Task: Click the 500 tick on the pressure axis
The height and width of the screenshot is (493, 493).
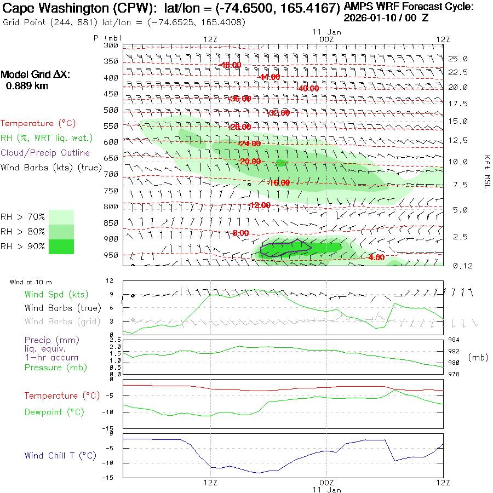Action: point(111,110)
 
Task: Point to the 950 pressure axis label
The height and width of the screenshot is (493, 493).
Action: point(111,255)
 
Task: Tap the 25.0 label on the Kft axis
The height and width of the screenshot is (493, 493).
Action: point(457,59)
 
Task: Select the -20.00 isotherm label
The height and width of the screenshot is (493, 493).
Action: point(250,161)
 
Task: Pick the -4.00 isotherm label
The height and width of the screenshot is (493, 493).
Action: point(376,257)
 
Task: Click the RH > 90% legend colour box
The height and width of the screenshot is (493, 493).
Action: point(61,246)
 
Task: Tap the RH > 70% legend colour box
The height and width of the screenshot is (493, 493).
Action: point(61,217)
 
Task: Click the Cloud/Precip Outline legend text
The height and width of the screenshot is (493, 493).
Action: point(45,153)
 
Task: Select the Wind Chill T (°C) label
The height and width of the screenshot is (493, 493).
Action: point(60,456)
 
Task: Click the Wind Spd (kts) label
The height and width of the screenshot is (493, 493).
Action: point(56,295)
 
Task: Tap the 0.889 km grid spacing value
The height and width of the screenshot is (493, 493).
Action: point(26,85)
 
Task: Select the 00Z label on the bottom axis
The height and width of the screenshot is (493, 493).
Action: point(326,483)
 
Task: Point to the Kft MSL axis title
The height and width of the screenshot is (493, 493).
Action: point(486,171)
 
